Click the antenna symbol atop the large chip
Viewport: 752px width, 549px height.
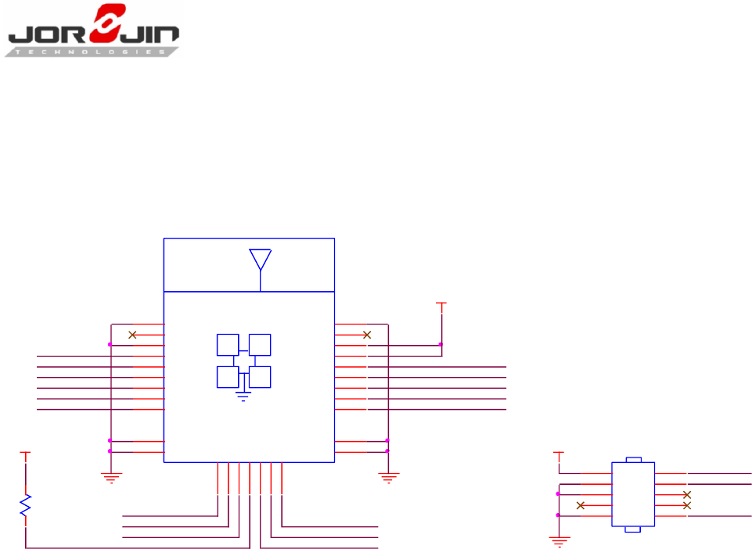point(260,261)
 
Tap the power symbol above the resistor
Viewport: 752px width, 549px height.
point(26,453)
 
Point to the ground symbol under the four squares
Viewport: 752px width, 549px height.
point(243,396)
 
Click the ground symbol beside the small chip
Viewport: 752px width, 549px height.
point(559,539)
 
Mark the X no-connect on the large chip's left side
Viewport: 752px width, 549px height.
point(132,335)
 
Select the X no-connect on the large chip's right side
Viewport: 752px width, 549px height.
point(366,335)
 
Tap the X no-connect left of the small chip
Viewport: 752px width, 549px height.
point(581,505)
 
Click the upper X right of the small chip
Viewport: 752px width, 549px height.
point(687,495)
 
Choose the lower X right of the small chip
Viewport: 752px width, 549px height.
point(687,505)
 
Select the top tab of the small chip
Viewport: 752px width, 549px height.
point(634,460)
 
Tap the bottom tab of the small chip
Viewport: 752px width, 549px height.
point(634,529)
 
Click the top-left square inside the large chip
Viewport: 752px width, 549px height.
point(228,345)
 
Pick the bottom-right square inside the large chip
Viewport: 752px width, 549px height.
point(260,376)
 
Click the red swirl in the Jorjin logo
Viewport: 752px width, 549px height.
point(107,25)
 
